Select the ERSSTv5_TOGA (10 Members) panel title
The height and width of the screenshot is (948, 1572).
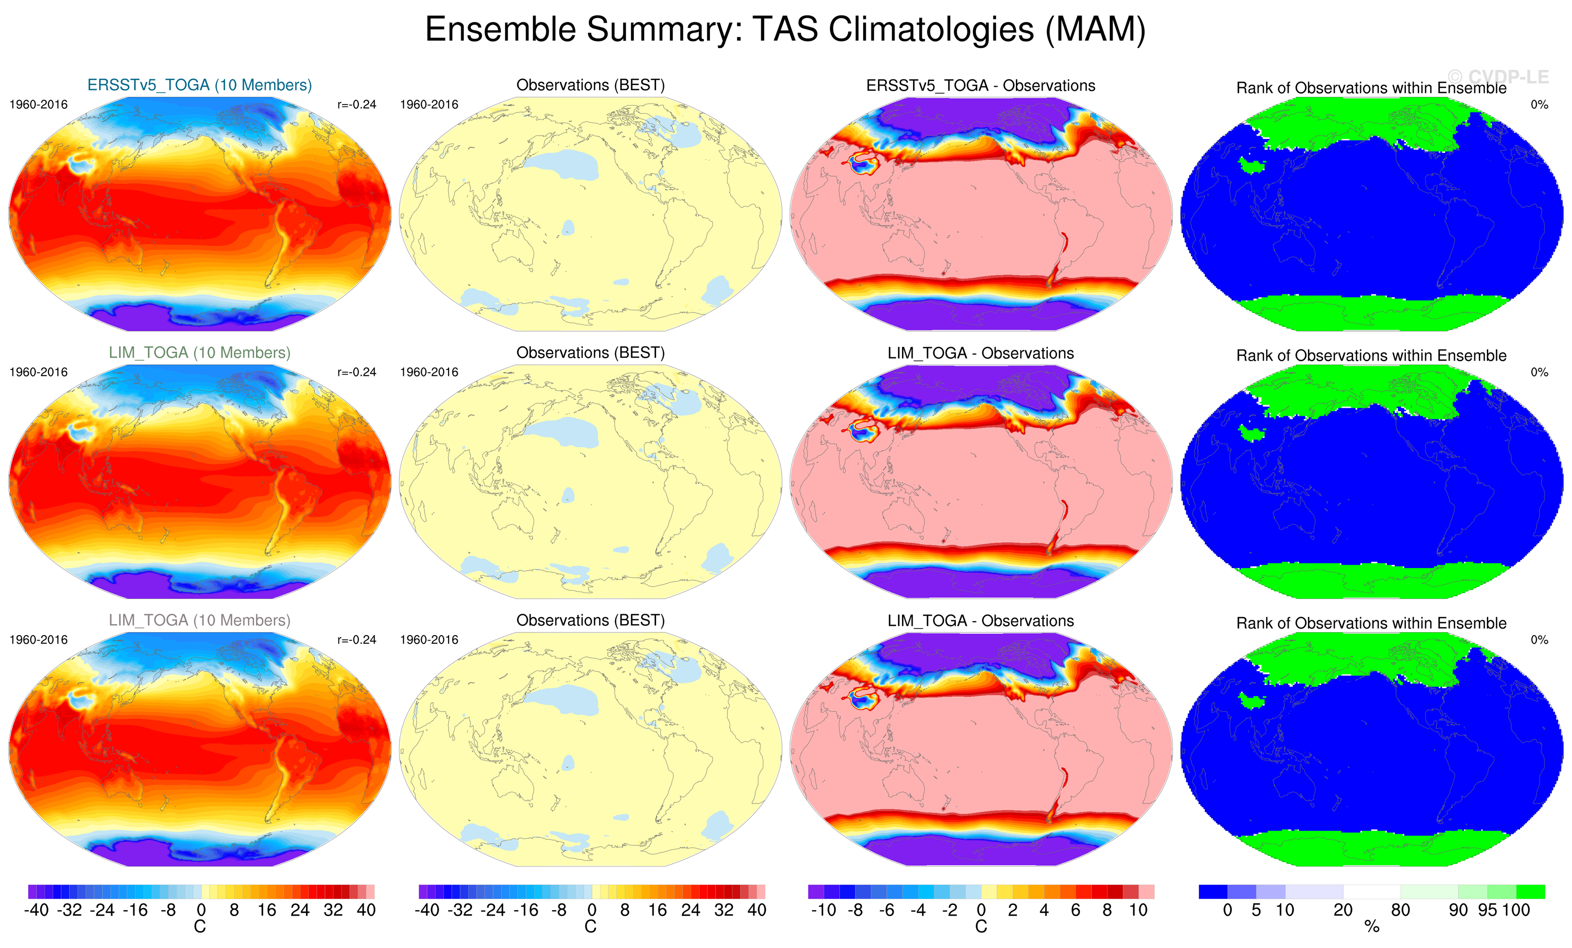[x=199, y=85]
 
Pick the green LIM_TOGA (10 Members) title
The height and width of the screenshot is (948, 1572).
[x=199, y=353]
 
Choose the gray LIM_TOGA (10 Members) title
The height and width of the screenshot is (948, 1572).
[x=199, y=620]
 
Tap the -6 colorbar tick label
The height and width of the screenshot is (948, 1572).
[x=886, y=910]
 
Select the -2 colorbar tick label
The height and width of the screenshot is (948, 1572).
[x=949, y=910]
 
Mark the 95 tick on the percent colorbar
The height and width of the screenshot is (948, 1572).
[x=1487, y=910]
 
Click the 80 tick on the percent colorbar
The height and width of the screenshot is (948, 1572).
[x=1400, y=910]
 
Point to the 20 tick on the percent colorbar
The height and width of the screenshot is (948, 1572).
[x=1343, y=910]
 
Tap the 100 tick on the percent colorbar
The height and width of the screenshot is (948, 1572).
[x=1516, y=910]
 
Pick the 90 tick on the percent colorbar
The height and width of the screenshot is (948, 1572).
[x=1459, y=910]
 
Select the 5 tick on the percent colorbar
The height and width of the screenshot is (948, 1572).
[x=1256, y=910]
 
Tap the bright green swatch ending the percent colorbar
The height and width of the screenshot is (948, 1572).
[x=1530, y=891]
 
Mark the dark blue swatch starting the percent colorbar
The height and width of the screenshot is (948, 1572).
[x=1213, y=891]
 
